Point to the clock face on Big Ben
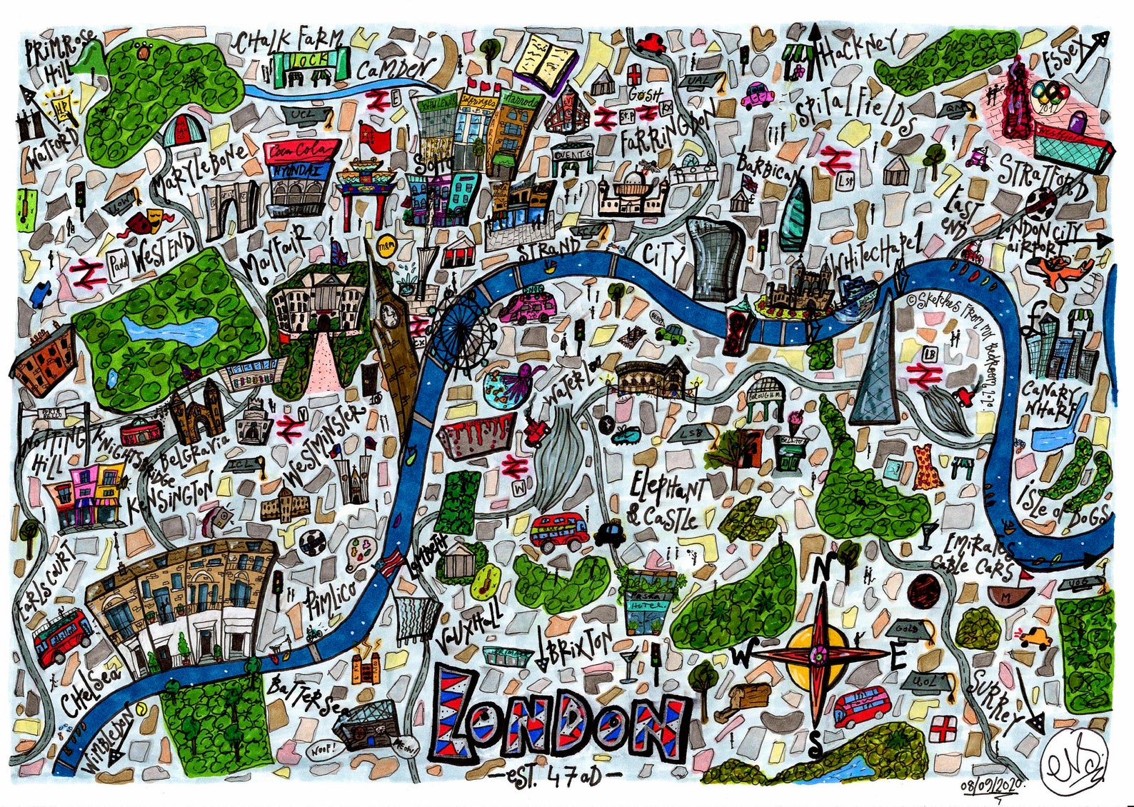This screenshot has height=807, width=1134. (x=388, y=312)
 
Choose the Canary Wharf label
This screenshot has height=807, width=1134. (x=1049, y=401)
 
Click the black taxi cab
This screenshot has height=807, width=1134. (x=609, y=532)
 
